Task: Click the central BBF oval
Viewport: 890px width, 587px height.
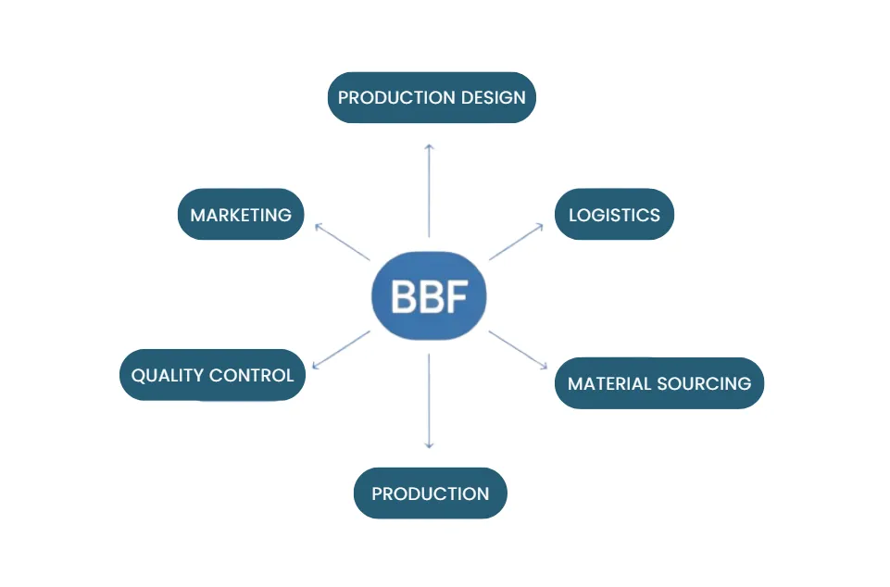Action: click(429, 296)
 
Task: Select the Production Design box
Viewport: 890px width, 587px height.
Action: click(432, 97)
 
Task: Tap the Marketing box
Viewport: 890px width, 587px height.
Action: click(241, 215)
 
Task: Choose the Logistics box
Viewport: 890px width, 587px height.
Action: click(614, 215)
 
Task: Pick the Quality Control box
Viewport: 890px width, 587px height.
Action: click(212, 375)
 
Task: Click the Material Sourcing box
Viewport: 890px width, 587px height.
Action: click(658, 383)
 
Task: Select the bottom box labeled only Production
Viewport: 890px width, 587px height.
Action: click(430, 493)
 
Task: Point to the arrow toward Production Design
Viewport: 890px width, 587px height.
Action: click(429, 190)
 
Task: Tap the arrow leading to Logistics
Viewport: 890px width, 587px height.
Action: click(516, 242)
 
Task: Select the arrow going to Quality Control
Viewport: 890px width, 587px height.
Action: click(341, 350)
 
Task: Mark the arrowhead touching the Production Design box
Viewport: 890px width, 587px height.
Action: click(429, 146)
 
